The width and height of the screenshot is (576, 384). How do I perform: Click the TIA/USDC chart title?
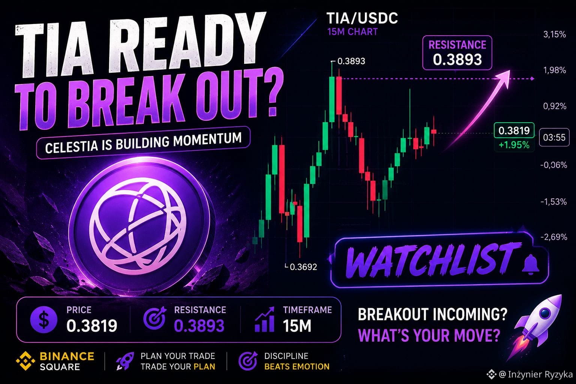pos(362,18)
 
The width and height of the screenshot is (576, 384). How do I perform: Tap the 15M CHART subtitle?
pos(352,32)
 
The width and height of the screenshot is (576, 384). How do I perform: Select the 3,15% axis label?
pos(555,34)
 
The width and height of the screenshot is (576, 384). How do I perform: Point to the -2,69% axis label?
pos(553,237)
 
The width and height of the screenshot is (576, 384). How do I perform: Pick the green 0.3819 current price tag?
pos(514,130)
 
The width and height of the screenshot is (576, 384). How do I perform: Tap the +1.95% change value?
pos(514,145)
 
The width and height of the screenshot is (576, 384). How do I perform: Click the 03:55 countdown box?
pos(554,137)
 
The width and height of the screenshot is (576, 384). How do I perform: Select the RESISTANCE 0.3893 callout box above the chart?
pos(457,53)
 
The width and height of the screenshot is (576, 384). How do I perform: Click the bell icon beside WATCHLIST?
pos(530,265)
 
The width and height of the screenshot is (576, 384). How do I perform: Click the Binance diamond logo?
pos(25,361)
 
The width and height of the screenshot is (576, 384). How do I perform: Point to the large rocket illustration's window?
pos(545,313)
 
